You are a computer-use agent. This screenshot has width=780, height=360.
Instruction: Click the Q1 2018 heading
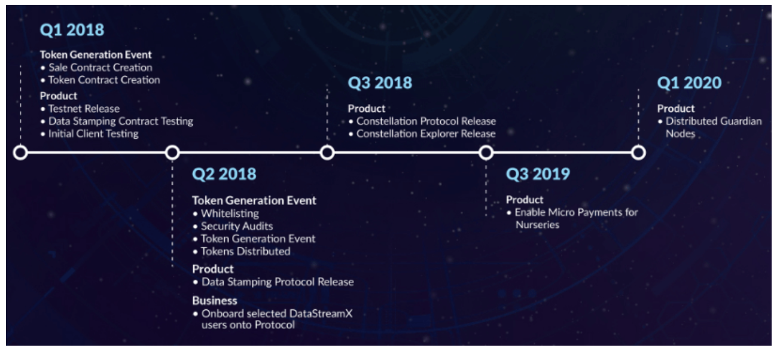tap(72, 30)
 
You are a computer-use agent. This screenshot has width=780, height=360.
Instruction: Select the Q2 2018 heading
tap(224, 174)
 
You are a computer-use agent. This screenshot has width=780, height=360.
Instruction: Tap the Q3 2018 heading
tap(380, 83)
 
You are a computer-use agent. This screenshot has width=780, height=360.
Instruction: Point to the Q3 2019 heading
tap(538, 174)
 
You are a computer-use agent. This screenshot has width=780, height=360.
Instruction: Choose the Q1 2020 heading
tap(689, 83)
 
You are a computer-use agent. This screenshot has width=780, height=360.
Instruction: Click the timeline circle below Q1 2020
tap(638, 152)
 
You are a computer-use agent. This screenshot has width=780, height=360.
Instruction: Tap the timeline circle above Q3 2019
tap(486, 152)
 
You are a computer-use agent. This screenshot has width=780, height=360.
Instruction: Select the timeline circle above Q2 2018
tap(172, 152)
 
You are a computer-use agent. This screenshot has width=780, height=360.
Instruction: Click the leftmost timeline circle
tap(20, 152)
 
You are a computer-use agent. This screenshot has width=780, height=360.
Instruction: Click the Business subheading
tap(215, 300)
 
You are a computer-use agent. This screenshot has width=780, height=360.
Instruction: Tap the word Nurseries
tap(537, 225)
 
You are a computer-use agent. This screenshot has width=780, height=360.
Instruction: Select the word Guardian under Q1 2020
tap(741, 121)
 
